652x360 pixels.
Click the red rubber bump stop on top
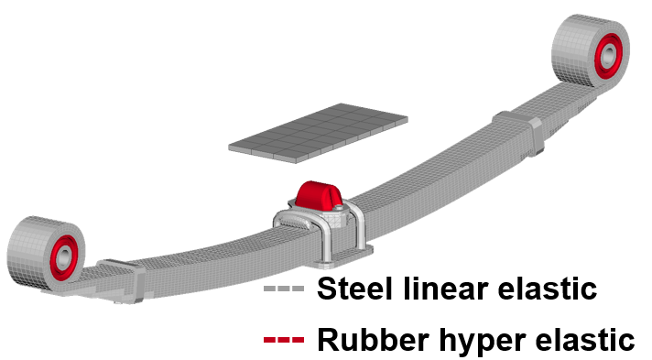click(315, 194)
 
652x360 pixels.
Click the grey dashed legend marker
click(283, 289)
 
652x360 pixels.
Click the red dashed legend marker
click(283, 341)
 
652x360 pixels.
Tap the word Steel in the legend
click(353, 289)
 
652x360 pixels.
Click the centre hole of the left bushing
click(60, 259)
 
